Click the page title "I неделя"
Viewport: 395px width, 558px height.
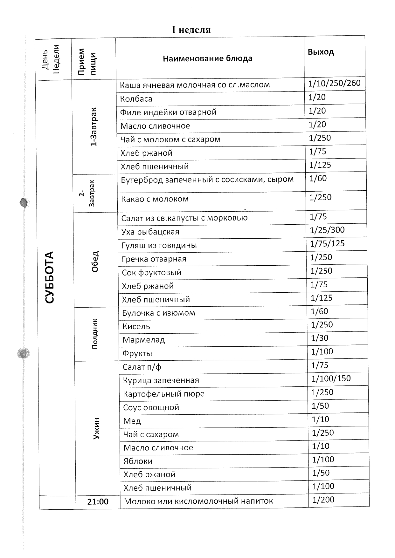pos(191,30)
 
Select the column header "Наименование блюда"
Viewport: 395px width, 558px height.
pos(207,59)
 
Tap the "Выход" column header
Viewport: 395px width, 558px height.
pos(321,52)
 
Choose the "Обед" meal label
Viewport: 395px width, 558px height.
pos(95,261)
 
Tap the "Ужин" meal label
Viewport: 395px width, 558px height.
pos(96,428)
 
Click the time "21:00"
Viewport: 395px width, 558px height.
pos(98,501)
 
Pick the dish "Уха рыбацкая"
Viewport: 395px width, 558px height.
pos(150,232)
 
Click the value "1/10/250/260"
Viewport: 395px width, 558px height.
pos(334,83)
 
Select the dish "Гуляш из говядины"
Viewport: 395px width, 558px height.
pos(159,245)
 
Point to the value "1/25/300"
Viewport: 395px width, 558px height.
pos(327,230)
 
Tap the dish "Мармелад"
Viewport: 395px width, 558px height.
pos(144,340)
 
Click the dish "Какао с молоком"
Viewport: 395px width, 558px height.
pos(155,199)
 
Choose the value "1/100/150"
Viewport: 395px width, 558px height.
pos(331,378)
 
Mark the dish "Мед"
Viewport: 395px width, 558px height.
pos(132,421)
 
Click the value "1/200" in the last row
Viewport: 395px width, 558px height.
pos(323,500)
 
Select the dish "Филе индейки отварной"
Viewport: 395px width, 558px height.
pos(168,112)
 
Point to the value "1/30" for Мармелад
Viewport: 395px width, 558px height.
pos(319,338)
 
